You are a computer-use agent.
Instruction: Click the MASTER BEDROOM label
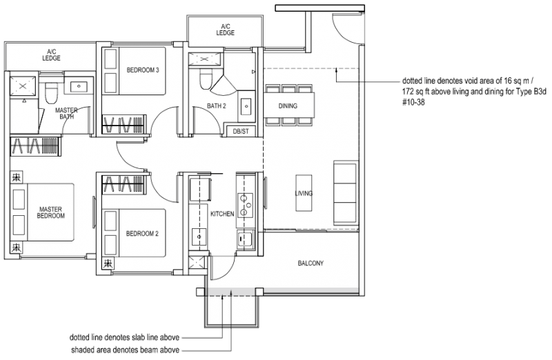pos(51,212)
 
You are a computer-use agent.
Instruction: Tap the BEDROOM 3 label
pos(143,70)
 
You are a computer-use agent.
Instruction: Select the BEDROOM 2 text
pos(143,234)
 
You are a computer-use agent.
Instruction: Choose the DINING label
pos(288,106)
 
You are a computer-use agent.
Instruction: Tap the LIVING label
pos(304,194)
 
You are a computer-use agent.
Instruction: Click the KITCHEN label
pos(222,214)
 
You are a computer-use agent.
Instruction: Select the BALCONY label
pos(310,263)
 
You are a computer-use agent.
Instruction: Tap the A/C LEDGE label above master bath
pos(51,54)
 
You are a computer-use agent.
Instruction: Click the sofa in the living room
pos(346,190)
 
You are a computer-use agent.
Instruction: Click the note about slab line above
pos(125,338)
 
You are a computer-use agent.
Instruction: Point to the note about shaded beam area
pos(125,351)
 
